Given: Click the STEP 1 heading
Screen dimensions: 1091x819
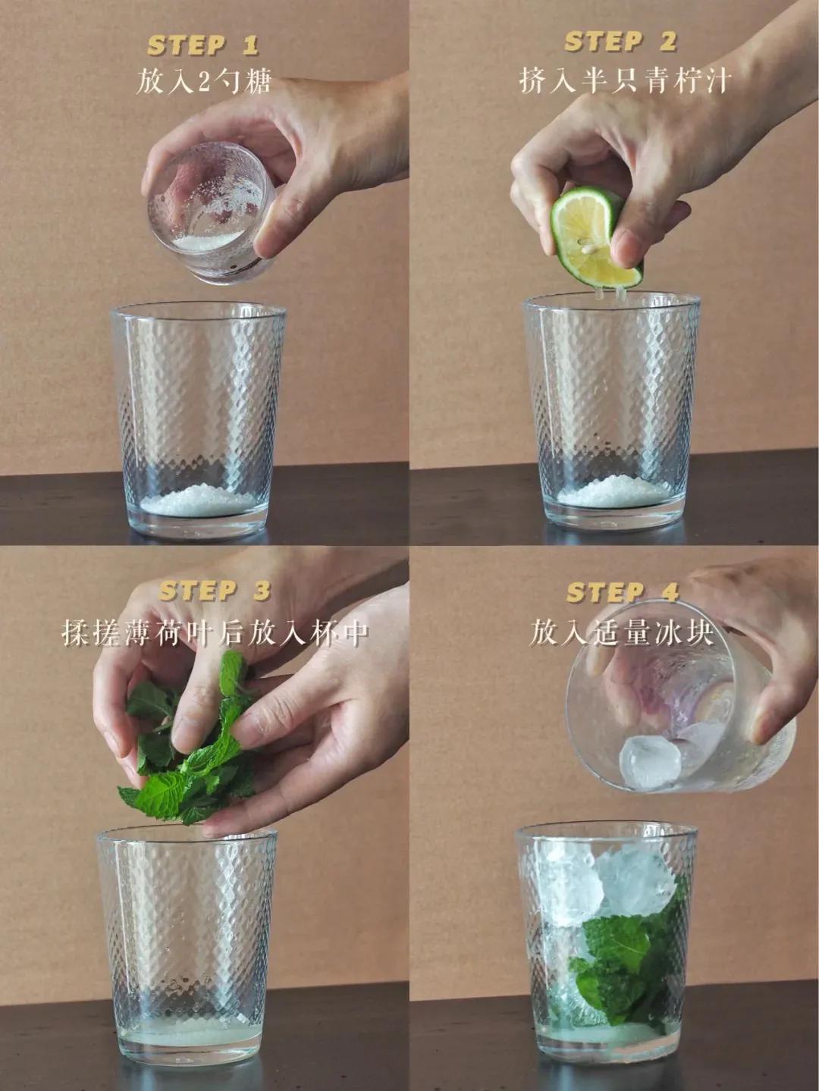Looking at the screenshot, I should coord(202,45).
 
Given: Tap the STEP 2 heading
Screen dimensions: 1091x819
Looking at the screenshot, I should coord(620,42).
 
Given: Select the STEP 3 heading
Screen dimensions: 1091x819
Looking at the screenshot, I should coord(215,591).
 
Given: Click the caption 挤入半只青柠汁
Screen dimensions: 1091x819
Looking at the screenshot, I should coord(623,79).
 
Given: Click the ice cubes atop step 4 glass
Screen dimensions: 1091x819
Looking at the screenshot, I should coord(607,879).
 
